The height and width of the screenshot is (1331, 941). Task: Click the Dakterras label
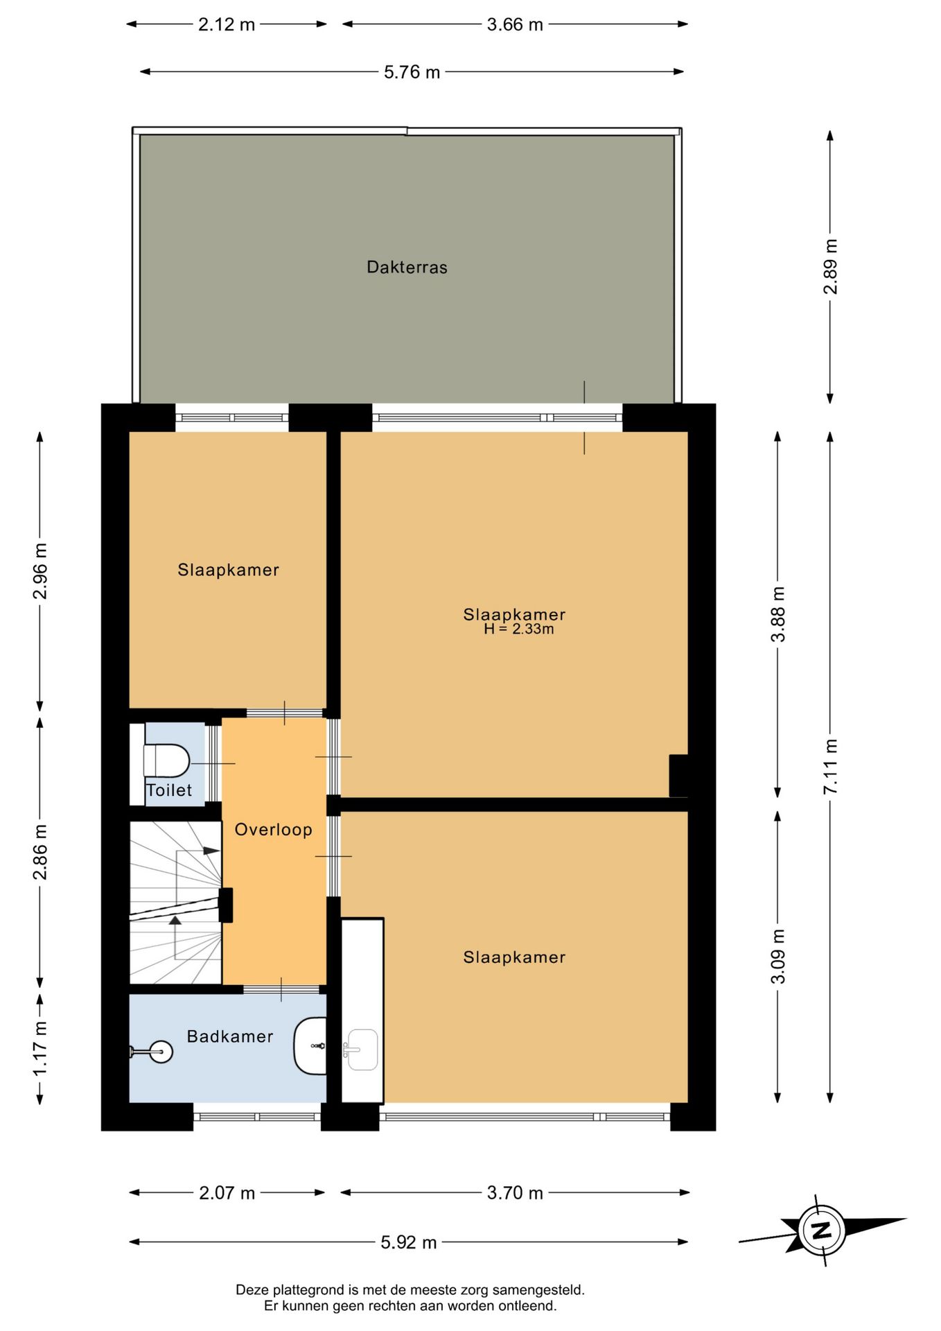407,267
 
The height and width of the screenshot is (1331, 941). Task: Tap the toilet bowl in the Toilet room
166,760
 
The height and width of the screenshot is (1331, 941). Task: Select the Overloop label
273,830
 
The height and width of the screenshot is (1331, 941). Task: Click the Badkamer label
230,1036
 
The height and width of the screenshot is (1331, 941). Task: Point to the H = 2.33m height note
518,629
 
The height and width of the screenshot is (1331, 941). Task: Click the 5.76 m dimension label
412,72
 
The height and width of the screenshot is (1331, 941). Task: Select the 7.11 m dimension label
831,767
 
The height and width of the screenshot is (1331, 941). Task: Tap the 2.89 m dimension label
831,267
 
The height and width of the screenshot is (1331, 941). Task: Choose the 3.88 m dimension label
778,614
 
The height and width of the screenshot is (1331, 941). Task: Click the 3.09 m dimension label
778,957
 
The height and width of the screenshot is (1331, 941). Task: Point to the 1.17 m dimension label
40,1049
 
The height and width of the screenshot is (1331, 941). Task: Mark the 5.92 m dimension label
409,1242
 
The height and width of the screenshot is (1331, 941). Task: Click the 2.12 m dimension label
227,25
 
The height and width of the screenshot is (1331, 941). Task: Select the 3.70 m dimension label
515,1193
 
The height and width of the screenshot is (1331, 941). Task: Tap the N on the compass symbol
821,1231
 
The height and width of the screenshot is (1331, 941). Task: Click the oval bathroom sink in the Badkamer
310,1045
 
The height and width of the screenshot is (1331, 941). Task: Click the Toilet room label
169,790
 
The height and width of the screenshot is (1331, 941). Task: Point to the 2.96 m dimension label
40,571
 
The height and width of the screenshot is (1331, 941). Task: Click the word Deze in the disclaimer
252,1290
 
